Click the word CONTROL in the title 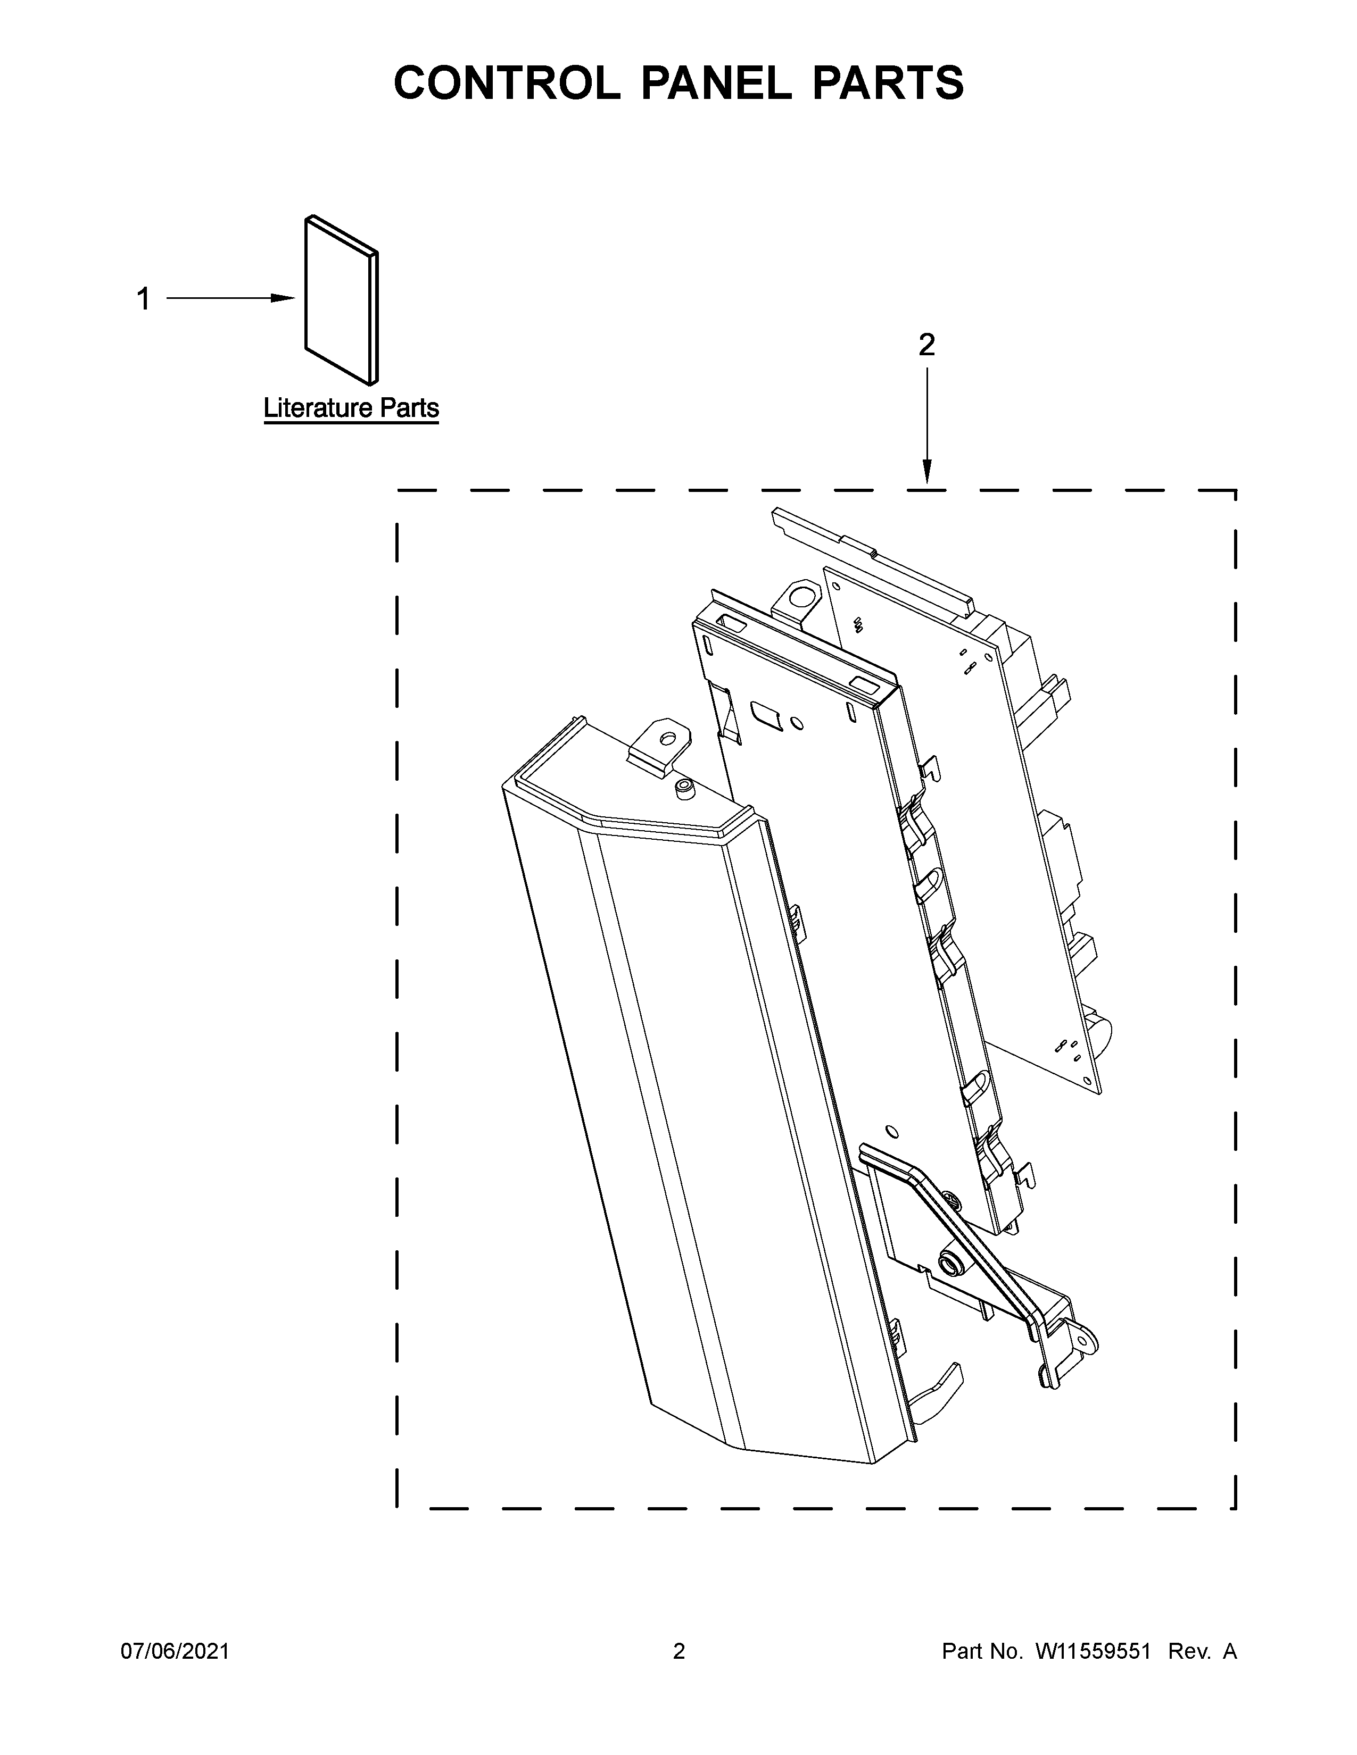(x=507, y=83)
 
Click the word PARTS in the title (x=888, y=83)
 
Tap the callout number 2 (x=927, y=346)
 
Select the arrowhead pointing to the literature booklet (x=283, y=298)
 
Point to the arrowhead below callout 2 (x=927, y=472)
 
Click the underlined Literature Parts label (x=351, y=408)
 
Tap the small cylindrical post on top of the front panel (x=684, y=789)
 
